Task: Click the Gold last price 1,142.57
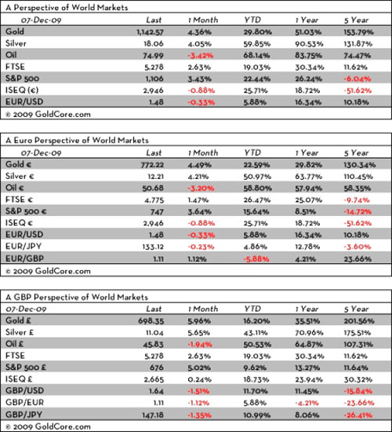150,32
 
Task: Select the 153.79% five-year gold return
358,32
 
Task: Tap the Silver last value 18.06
154,44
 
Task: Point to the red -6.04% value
357,79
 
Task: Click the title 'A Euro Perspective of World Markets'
77,141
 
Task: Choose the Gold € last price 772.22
152,165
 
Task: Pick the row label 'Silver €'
20,176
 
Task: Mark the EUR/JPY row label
24,247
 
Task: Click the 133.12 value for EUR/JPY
153,247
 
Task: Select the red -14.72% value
358,211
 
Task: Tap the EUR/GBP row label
24,258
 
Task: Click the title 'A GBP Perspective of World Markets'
77,297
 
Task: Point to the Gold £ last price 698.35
151,321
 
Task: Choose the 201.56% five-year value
359,321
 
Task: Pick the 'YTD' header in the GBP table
252,309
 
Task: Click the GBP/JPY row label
24,415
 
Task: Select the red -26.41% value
358,415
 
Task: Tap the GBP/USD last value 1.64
156,391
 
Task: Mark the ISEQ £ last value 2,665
154,379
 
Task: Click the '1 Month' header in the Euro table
203,152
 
